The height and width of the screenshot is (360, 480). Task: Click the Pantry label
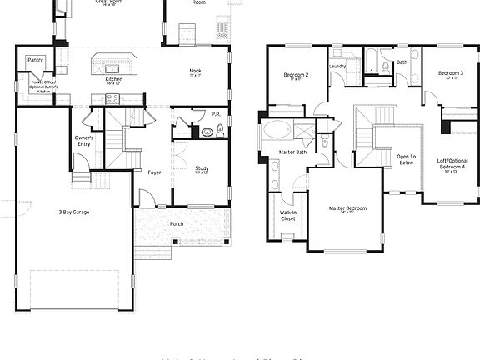(x=35, y=61)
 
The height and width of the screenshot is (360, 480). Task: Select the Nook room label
(x=196, y=72)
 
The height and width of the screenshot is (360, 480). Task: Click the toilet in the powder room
(x=220, y=130)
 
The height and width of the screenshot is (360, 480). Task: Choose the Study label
(x=202, y=170)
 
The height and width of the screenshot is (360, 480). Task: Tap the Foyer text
(x=154, y=173)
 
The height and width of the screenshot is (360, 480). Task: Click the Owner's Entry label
(x=84, y=141)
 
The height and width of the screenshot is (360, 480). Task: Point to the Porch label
(x=177, y=223)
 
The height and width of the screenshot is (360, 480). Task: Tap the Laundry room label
(x=337, y=67)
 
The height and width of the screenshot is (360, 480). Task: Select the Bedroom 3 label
(x=450, y=74)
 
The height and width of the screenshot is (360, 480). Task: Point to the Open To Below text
(x=406, y=159)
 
